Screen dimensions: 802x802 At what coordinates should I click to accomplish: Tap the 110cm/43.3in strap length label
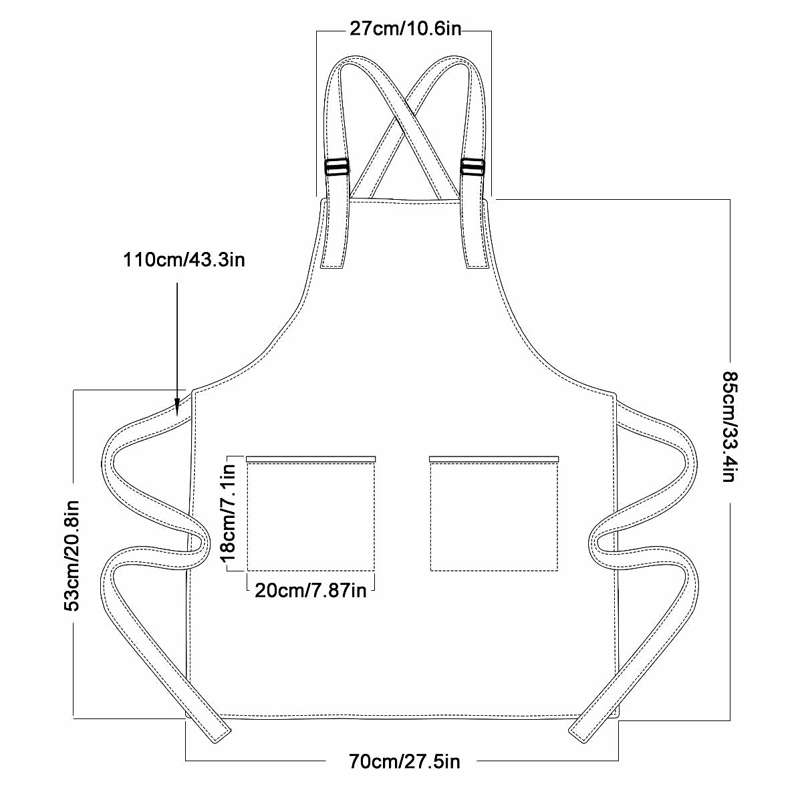(184, 259)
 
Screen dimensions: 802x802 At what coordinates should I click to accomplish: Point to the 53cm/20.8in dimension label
(72, 556)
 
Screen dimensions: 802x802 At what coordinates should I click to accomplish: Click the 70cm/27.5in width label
(404, 761)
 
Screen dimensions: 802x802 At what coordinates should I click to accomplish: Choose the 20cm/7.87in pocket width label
(311, 591)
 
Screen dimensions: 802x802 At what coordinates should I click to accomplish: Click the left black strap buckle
(336, 167)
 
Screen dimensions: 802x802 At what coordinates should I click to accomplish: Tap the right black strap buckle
(473, 167)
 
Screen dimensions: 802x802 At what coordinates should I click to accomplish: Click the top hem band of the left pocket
(311, 458)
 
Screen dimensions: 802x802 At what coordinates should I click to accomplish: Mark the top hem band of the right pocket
(494, 458)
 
